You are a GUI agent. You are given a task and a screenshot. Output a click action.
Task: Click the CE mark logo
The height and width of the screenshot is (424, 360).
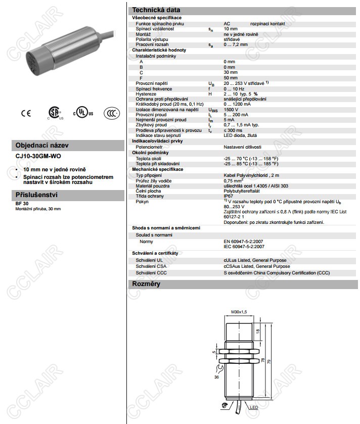pyautogui.click(x=26, y=113)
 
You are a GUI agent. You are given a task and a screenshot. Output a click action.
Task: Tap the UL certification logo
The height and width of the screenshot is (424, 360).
pyautogui.click(x=83, y=112)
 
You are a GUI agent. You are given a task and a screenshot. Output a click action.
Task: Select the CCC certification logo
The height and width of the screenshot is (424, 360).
pyautogui.click(x=112, y=113)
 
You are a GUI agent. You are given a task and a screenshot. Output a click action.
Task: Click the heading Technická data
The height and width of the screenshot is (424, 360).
pyautogui.click(x=156, y=10)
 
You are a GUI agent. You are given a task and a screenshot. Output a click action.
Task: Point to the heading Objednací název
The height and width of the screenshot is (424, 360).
pyautogui.click(x=42, y=145)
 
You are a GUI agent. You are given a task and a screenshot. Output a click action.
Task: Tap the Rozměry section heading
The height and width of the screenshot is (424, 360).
pyautogui.click(x=146, y=284)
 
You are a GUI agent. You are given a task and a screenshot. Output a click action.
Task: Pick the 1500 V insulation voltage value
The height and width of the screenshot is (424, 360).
pyautogui.click(x=231, y=109)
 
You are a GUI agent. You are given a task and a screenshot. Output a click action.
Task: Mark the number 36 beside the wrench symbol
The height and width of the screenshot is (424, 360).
pyautogui.click(x=217, y=377)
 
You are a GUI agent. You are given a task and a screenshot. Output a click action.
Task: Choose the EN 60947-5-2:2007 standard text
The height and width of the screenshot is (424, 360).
pyautogui.click(x=245, y=242)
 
